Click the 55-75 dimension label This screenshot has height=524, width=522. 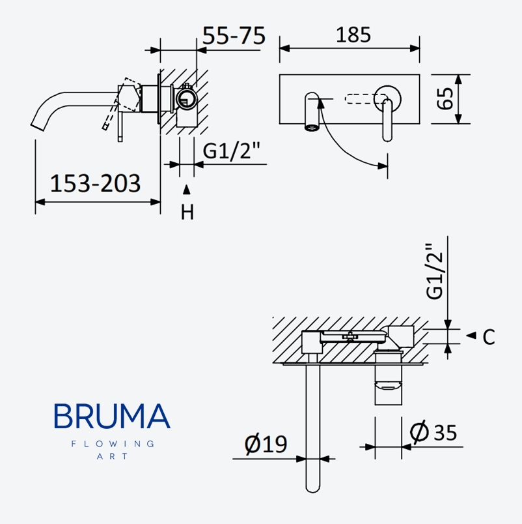(234, 36)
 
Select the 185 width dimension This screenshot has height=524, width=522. (353, 34)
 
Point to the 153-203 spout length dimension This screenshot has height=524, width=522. (96, 184)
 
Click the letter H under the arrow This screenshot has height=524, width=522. (187, 212)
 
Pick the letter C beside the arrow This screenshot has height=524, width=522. (489, 337)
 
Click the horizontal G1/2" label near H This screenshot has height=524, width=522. (232, 151)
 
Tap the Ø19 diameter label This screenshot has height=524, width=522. (266, 444)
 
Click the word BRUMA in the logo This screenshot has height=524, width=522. (112, 416)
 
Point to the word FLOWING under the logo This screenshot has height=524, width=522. (112, 444)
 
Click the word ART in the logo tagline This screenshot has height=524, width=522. (111, 456)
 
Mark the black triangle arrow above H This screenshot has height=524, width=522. (187, 190)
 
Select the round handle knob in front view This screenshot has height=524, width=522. (389, 95)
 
